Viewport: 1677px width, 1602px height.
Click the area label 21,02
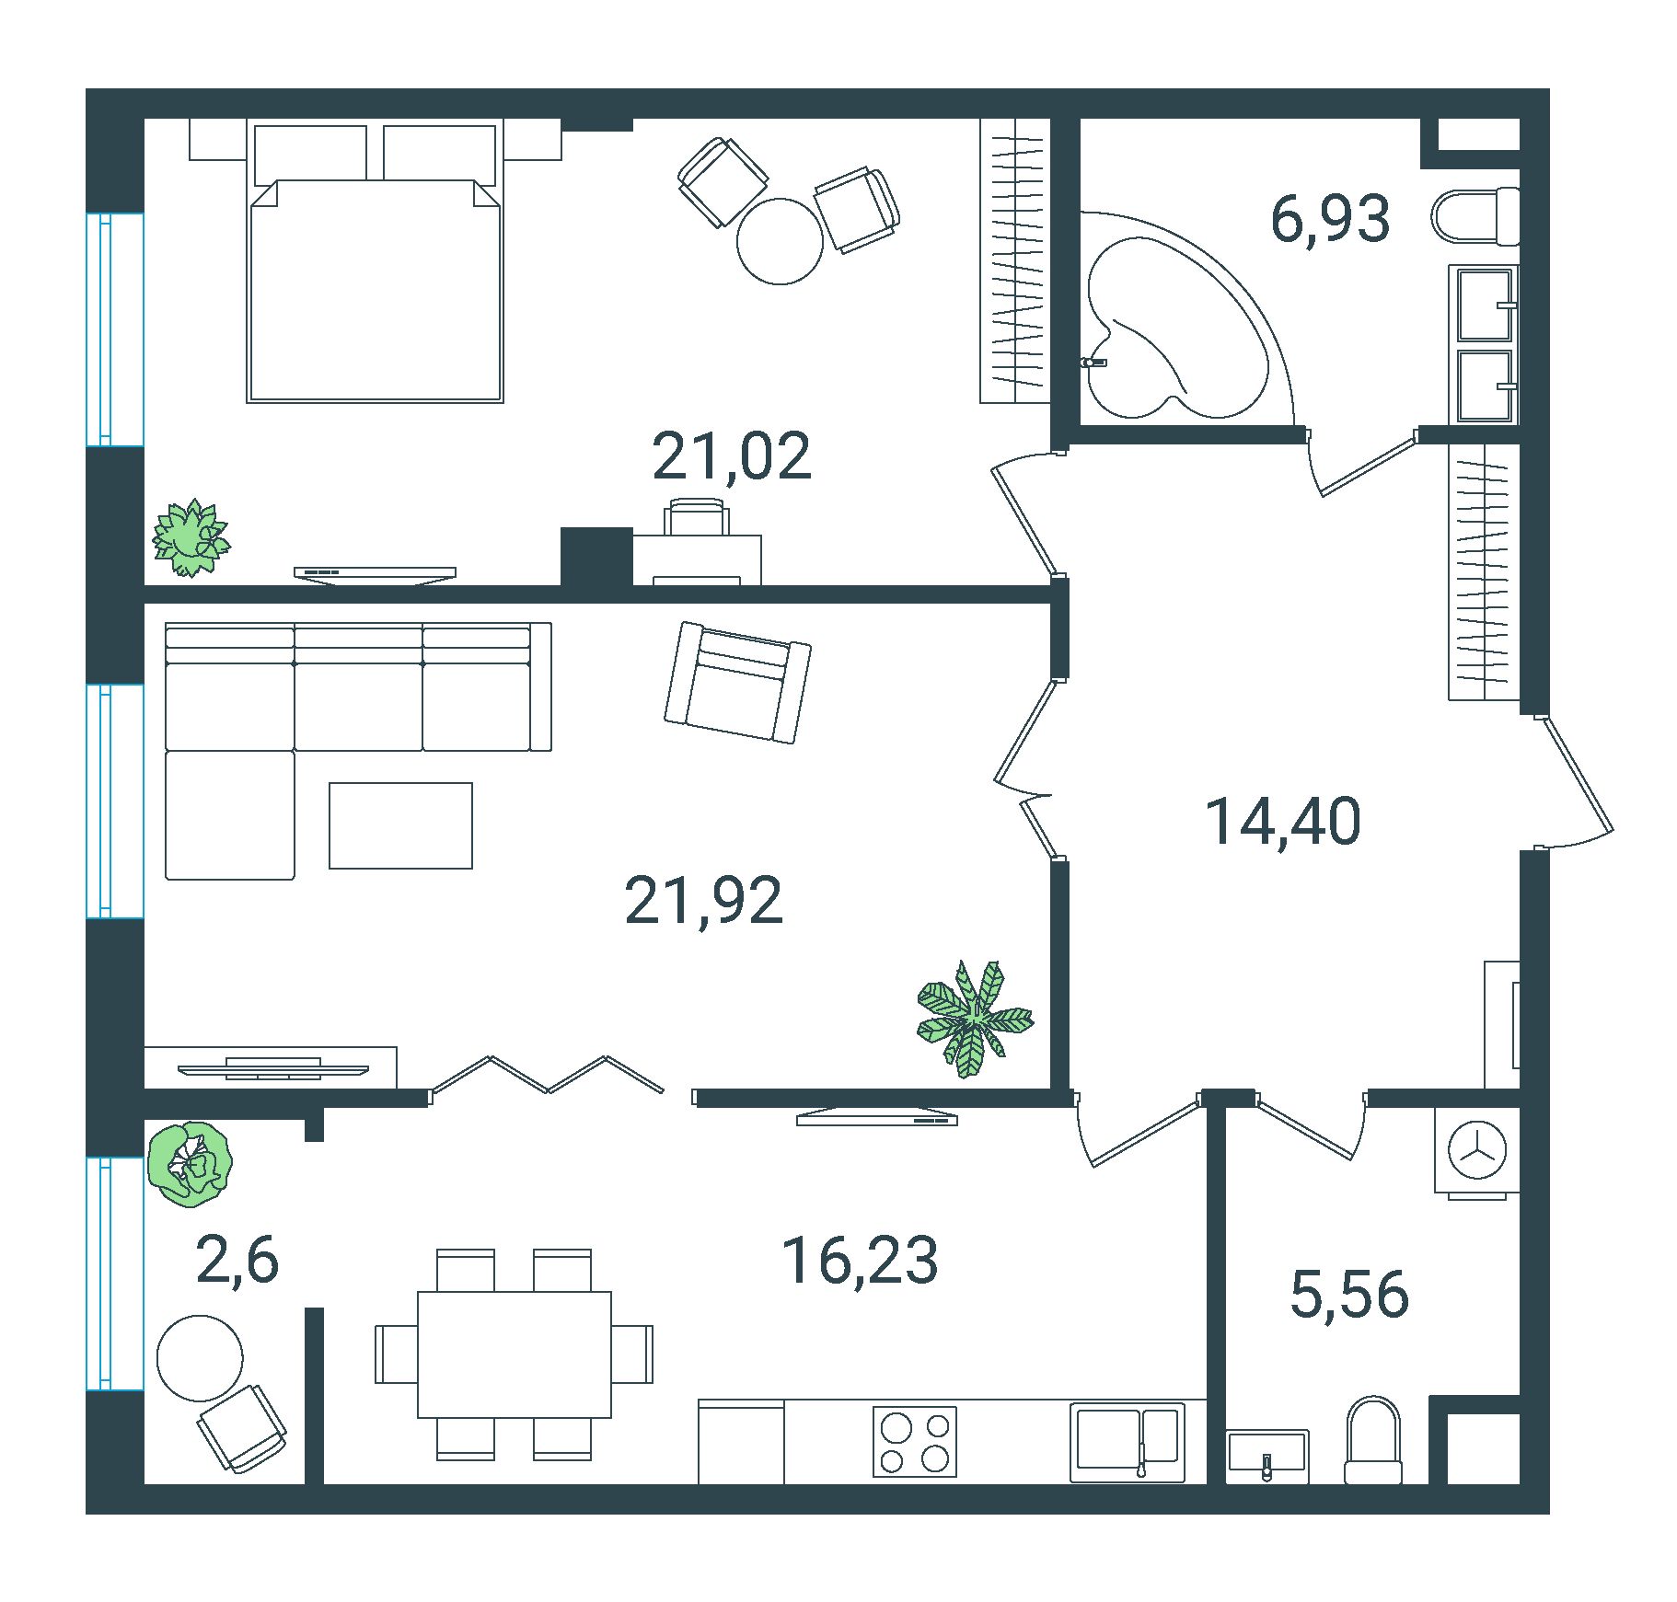coord(732,456)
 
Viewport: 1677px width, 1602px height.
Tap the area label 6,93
coord(1330,220)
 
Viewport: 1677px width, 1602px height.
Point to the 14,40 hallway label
coord(1283,821)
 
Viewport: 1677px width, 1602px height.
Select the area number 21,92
coord(704,901)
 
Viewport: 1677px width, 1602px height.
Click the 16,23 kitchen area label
coord(860,1260)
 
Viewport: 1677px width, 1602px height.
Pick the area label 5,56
coord(1349,1294)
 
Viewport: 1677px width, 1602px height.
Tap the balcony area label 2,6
coord(237,1260)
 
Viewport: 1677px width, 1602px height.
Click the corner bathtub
coord(1178,317)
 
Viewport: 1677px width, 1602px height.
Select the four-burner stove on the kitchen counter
coord(915,1441)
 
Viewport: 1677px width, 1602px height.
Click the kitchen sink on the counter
coord(1128,1441)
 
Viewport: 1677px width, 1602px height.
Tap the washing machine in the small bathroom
coord(1477,1152)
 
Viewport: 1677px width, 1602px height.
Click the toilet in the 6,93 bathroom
coord(1475,216)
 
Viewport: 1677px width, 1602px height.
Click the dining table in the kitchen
coord(515,1354)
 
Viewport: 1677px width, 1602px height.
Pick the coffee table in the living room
coord(401,825)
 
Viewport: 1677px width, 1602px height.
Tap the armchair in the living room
coord(737,682)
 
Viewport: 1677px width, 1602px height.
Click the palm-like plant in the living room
coord(974,1019)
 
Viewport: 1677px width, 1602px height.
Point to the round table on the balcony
coord(200,1358)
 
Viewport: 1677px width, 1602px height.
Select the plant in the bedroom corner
coord(191,538)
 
